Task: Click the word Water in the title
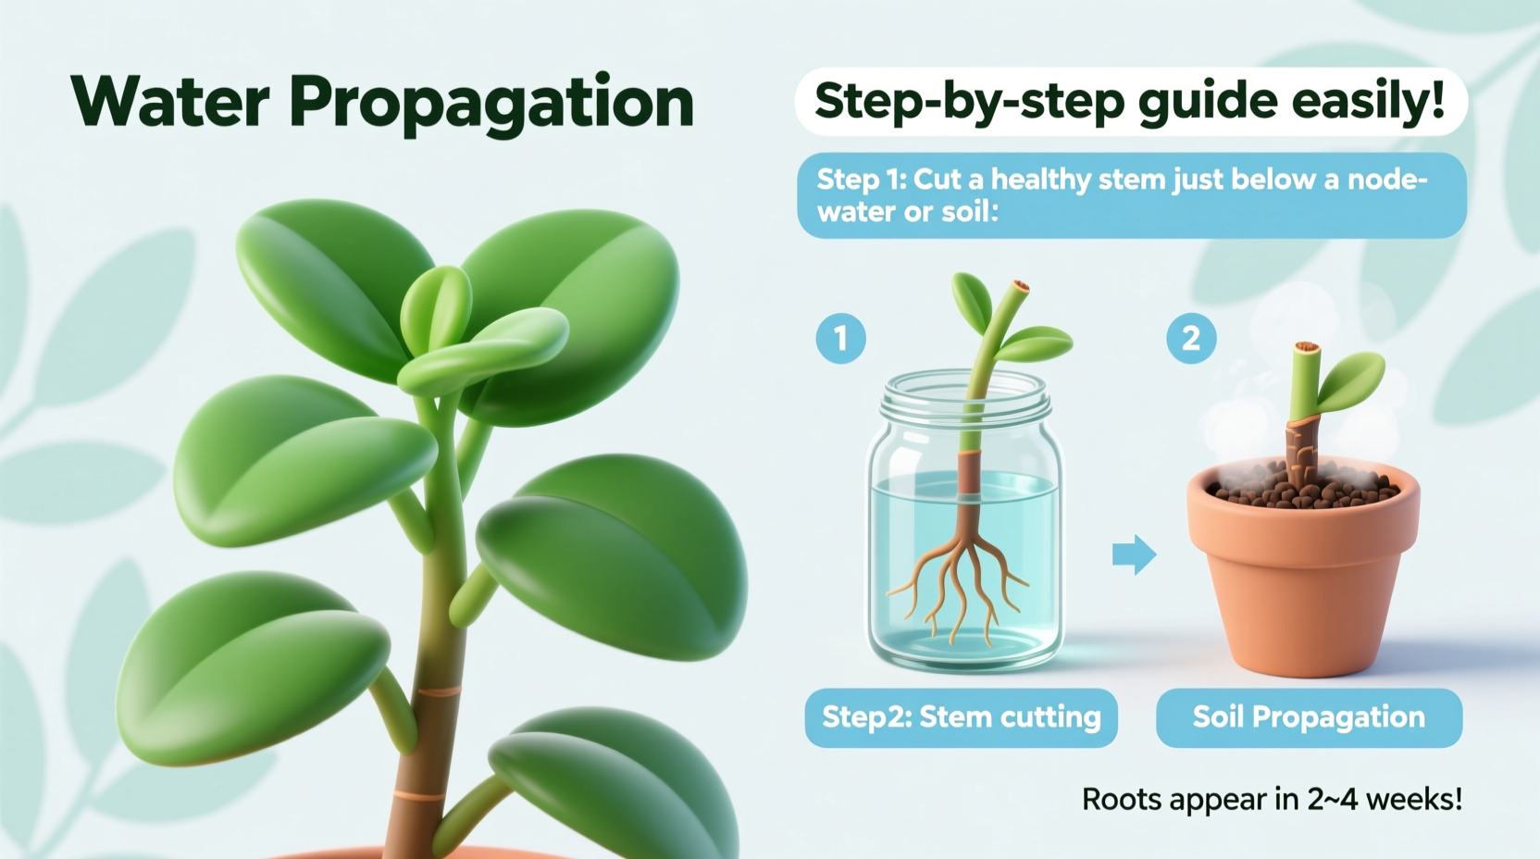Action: click(x=170, y=102)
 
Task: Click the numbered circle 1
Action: click(x=840, y=338)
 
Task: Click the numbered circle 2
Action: click(x=1191, y=338)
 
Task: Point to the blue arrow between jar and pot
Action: click(x=1134, y=554)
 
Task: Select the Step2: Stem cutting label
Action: click(x=961, y=717)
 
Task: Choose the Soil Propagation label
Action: click(x=1309, y=717)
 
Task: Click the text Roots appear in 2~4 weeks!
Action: click(x=1272, y=799)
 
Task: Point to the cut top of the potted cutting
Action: click(x=1306, y=349)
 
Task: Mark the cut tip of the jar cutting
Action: click(x=1020, y=287)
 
